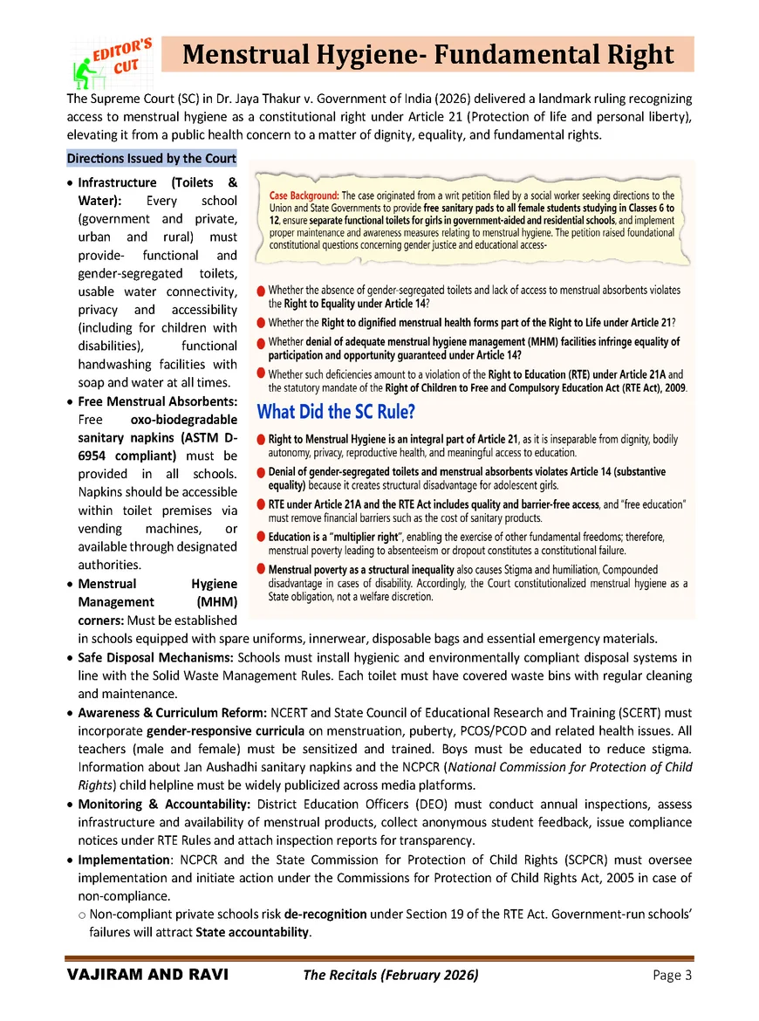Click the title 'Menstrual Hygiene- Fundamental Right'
[x=428, y=55]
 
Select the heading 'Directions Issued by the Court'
[x=151, y=158]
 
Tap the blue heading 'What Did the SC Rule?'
[x=335, y=411]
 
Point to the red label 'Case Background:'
[x=304, y=195]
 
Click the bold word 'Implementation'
[x=123, y=860]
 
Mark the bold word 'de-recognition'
[x=325, y=914]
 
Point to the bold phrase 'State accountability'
[x=252, y=933]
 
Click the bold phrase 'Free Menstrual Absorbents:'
[x=157, y=401]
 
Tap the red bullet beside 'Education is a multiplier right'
[x=262, y=537]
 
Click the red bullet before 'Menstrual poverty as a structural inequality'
[x=262, y=569]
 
